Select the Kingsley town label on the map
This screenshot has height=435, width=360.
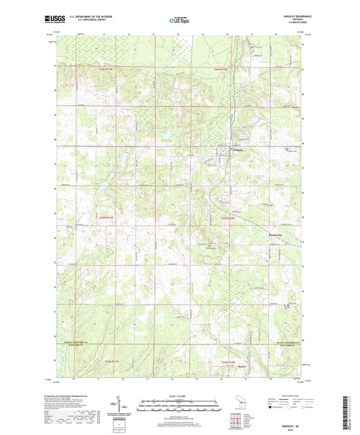click(237, 150)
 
